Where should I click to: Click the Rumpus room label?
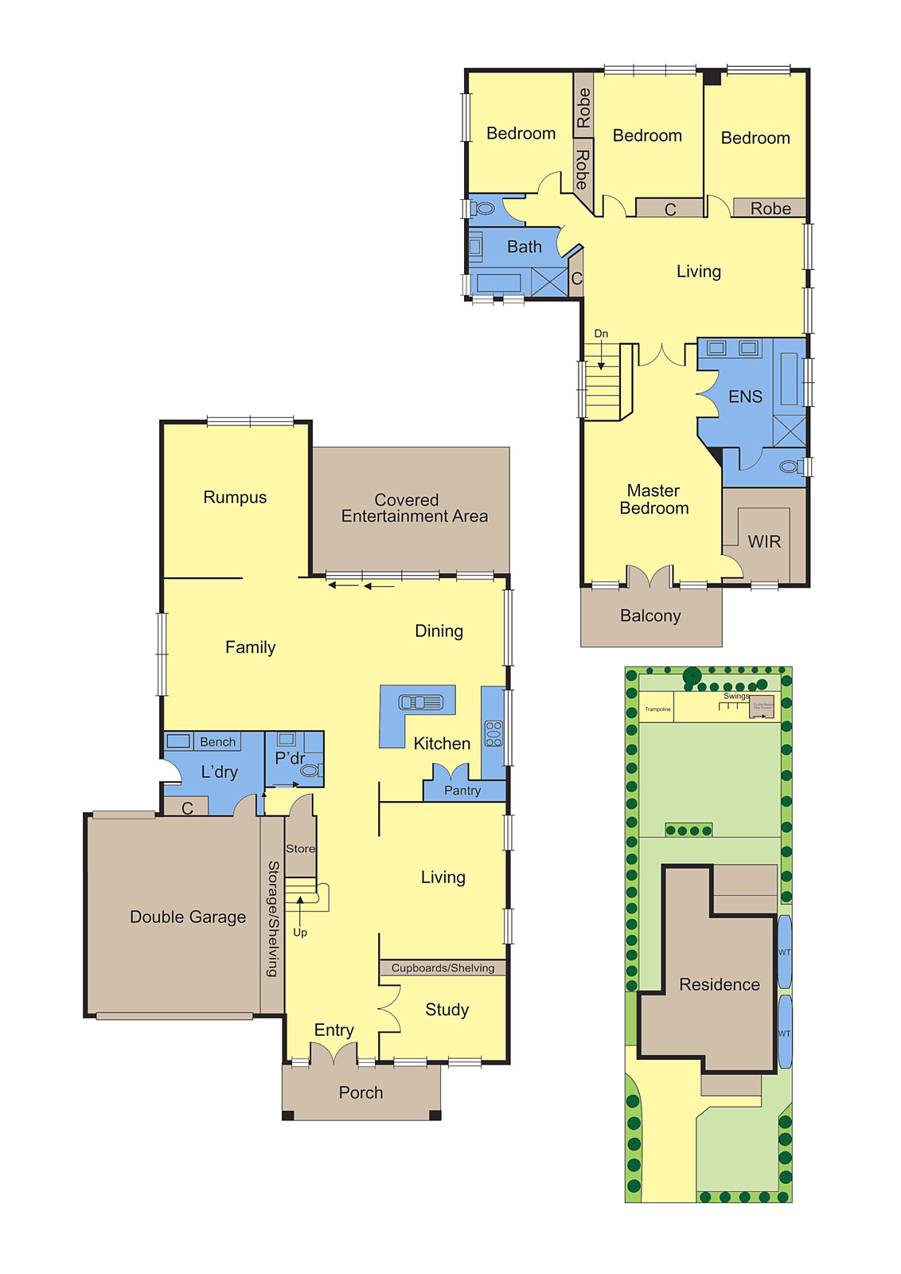235,498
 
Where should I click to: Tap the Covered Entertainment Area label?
413,508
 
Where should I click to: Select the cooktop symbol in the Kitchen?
493,733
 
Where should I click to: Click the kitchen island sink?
420,701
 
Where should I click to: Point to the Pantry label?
462,791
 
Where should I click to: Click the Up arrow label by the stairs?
300,932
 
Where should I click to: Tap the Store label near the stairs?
300,849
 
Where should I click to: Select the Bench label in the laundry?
217,742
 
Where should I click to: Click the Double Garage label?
188,917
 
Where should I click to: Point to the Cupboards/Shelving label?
443,968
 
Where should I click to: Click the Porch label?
361,1093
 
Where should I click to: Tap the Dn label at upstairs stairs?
601,334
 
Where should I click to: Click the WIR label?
764,542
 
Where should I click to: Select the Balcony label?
650,616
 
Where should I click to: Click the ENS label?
745,397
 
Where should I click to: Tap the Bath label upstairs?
525,248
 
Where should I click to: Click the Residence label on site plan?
720,985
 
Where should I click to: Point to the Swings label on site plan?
735,696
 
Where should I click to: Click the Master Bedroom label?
653,500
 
